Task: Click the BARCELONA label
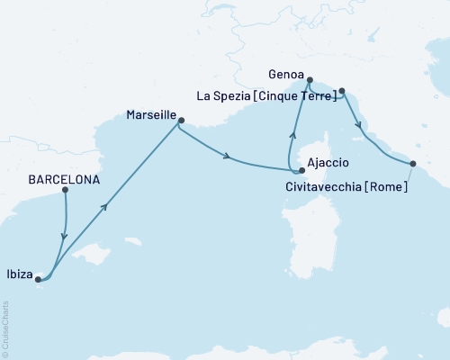(64, 178)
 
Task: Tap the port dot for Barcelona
(65, 190)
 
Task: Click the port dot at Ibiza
(38, 279)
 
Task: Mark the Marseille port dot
(180, 121)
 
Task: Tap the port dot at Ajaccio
(302, 169)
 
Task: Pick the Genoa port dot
(309, 81)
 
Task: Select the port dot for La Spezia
(342, 90)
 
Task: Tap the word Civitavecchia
(317, 187)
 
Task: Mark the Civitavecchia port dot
(413, 164)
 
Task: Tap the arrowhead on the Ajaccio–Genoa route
(291, 136)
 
